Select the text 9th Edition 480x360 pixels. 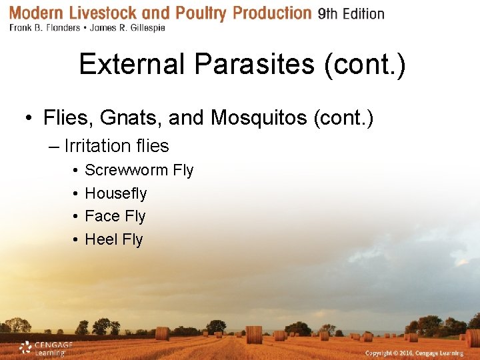[x=351, y=14]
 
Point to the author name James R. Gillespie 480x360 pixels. [x=129, y=28]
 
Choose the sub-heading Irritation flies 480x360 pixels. [x=117, y=145]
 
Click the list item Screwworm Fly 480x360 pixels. [x=139, y=170]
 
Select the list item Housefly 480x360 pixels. [x=115, y=193]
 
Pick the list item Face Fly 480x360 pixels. [x=115, y=216]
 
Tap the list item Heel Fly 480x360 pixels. [x=113, y=239]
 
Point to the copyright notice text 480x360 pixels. [x=413, y=352]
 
